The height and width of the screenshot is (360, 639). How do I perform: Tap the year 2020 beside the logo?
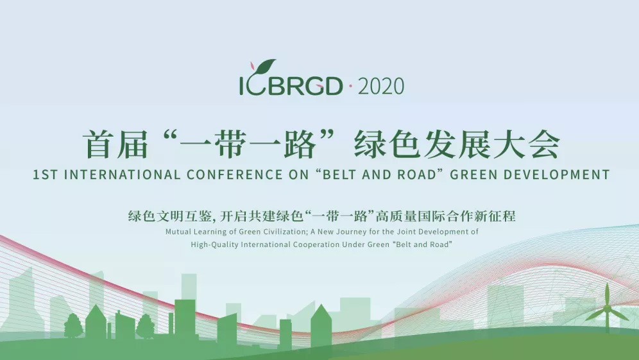click(381, 87)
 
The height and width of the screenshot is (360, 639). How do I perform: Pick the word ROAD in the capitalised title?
click(416, 175)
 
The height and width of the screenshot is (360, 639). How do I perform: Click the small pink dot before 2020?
click(350, 85)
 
